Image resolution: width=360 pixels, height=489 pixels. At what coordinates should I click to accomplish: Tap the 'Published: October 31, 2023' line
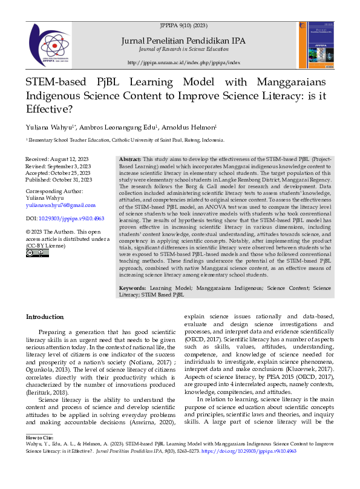(x=59, y=180)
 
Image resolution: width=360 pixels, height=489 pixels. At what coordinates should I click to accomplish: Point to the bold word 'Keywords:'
(x=133, y=288)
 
